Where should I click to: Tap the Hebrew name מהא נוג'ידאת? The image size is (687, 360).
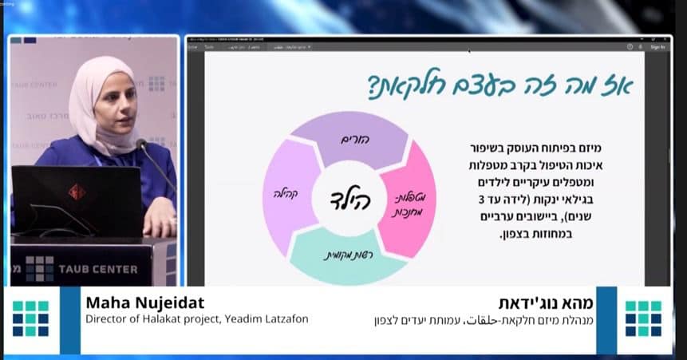point(550,304)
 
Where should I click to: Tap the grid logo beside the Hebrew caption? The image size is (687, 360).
point(642,318)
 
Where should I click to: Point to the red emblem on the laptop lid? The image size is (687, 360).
point(77,192)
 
